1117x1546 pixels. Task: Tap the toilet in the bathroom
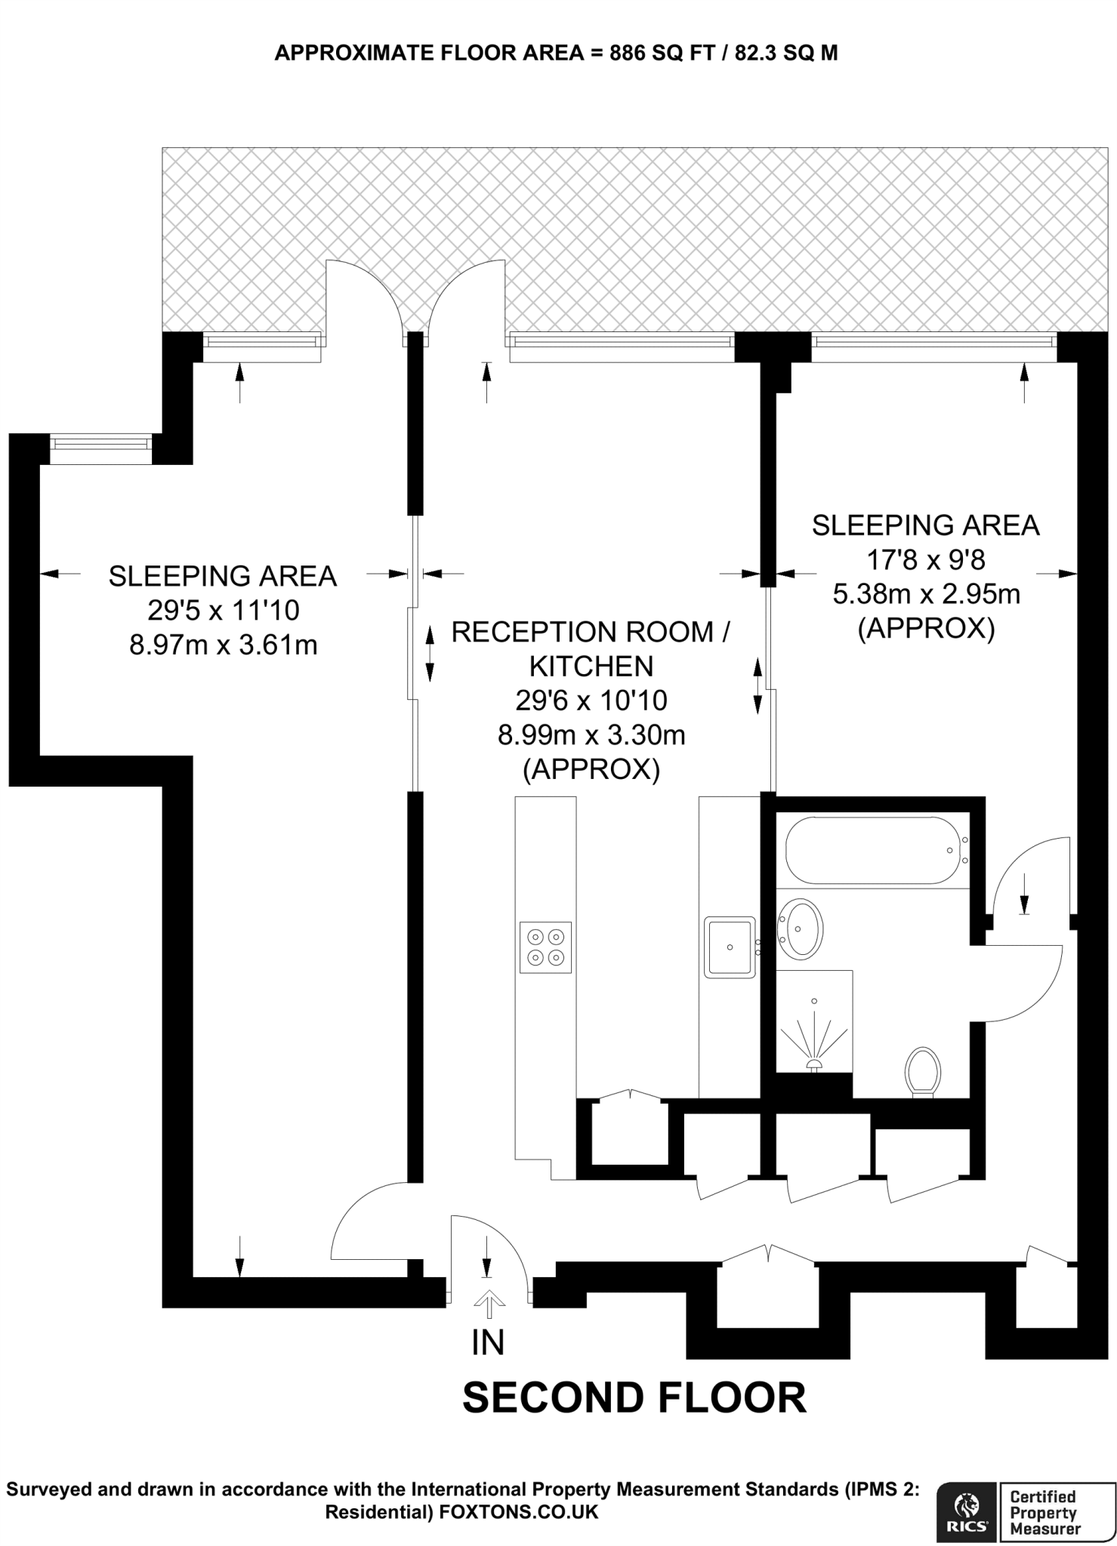922,1071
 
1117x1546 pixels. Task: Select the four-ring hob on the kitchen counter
545,947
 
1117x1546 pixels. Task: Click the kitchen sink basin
730,947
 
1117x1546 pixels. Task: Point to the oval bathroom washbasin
801,929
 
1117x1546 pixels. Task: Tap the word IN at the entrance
488,1343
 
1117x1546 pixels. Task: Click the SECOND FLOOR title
634,1397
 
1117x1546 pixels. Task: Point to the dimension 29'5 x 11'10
224,610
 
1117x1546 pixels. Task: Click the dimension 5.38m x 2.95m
926,594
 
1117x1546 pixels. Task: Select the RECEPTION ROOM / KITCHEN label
591,648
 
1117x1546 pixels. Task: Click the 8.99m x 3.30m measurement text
591,735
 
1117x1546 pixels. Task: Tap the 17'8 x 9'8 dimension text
926,560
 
